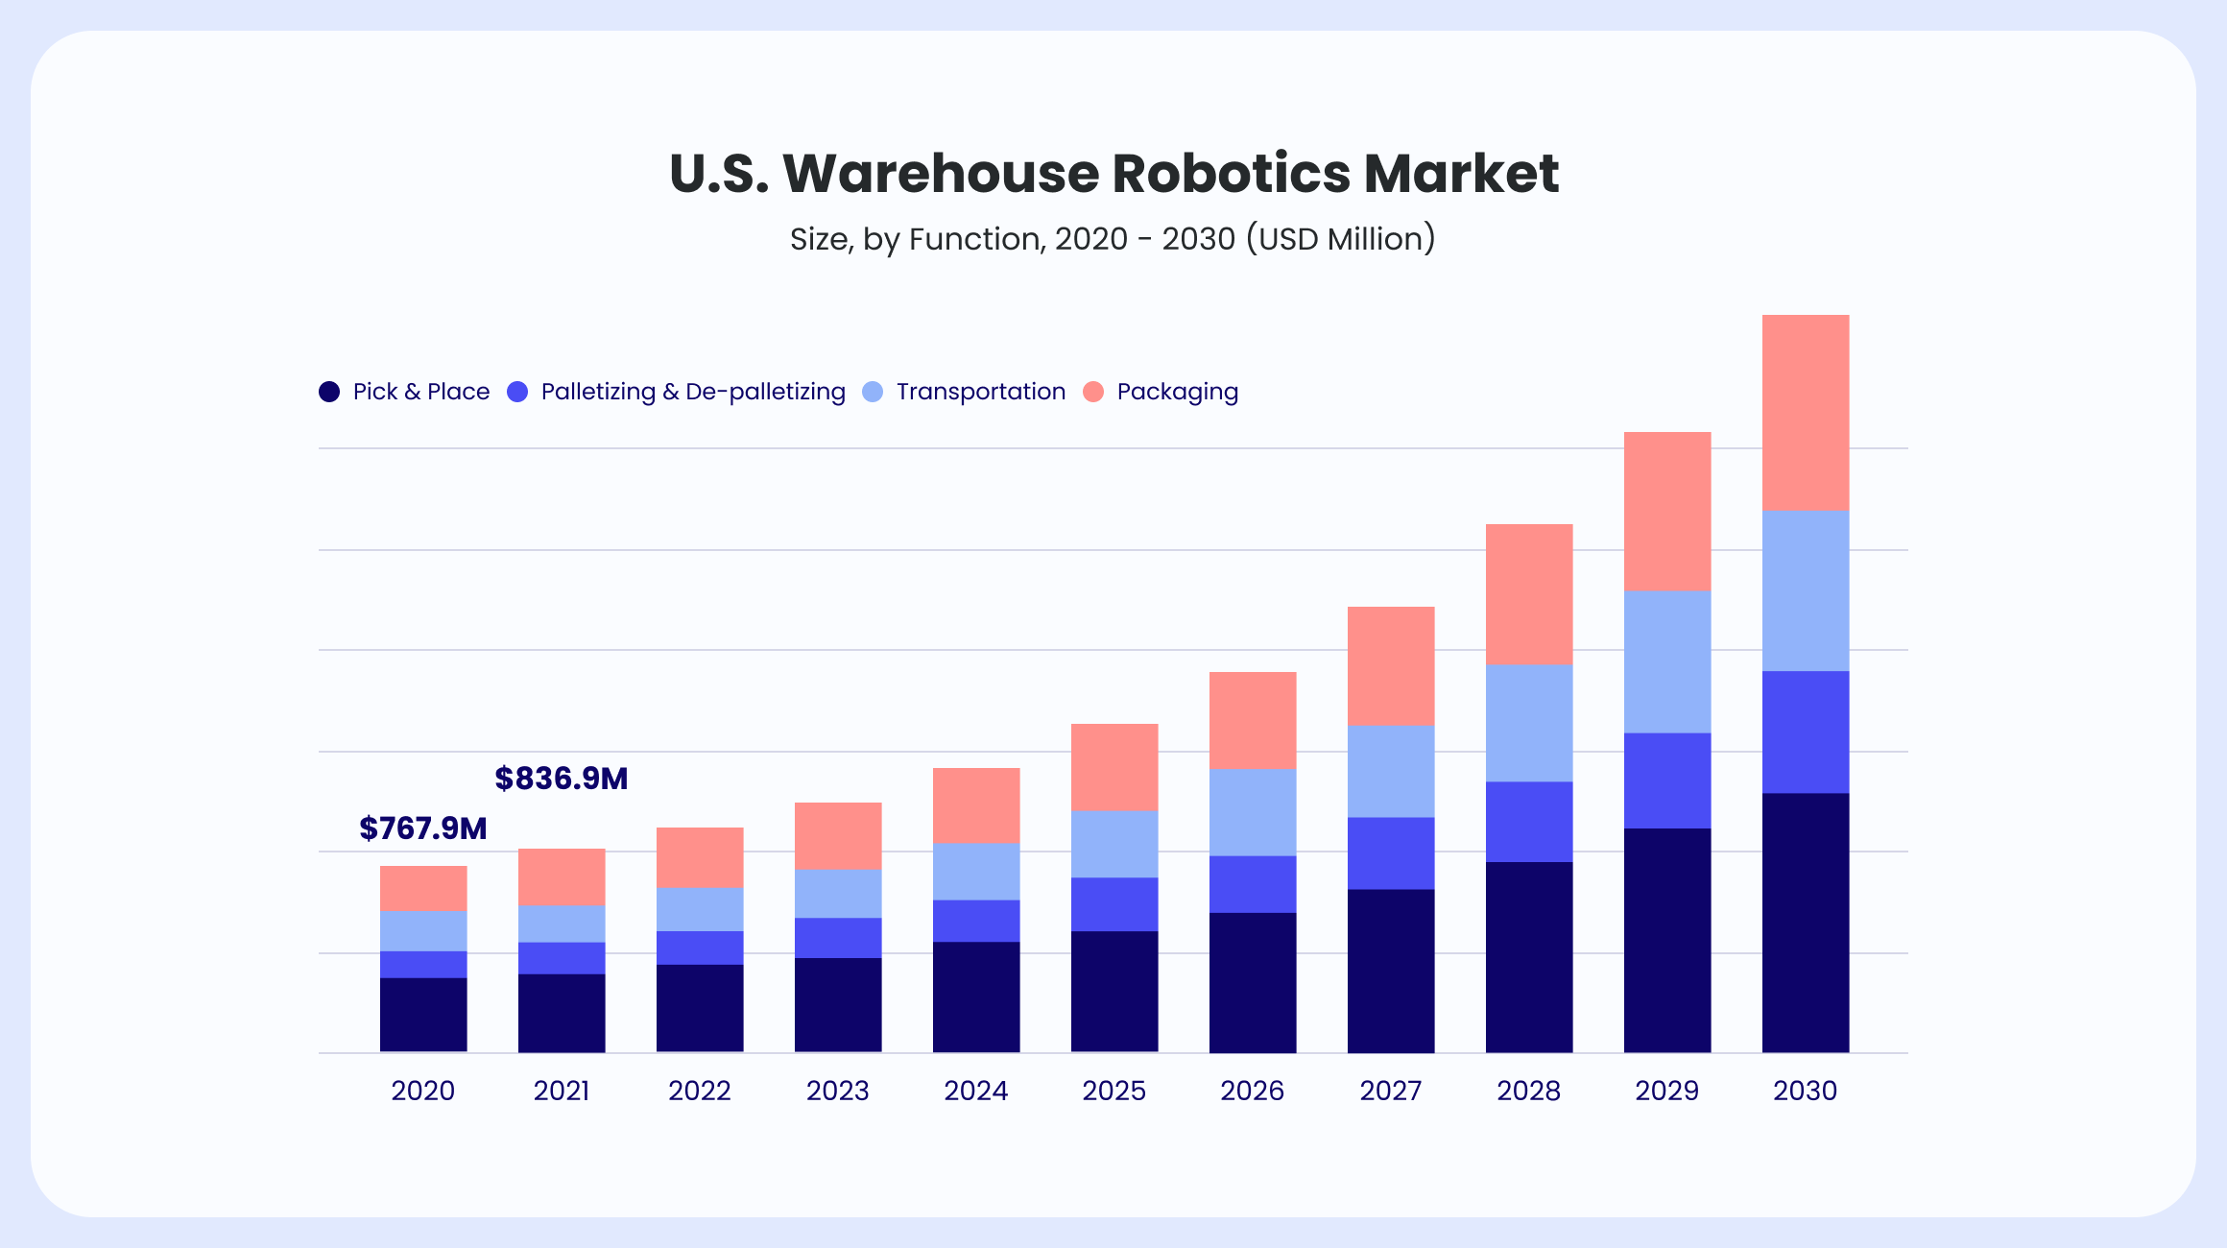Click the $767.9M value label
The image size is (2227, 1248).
click(x=422, y=828)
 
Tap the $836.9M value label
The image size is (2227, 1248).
click(x=562, y=778)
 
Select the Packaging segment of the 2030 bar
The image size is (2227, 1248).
click(x=1805, y=412)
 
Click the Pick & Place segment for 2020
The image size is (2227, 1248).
click(x=423, y=1015)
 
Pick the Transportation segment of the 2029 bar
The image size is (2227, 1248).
click(x=1666, y=661)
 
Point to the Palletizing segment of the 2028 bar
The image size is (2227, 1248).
click(x=1528, y=821)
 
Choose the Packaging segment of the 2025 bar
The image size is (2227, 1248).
click(x=1113, y=767)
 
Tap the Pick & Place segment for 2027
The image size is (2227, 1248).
click(x=1390, y=971)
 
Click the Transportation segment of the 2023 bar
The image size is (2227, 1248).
click(x=837, y=893)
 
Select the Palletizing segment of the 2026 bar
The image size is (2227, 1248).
click(x=1252, y=883)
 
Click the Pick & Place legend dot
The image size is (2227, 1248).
click(x=329, y=392)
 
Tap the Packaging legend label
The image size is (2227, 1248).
click(x=1177, y=392)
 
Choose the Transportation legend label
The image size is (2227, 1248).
click(x=980, y=392)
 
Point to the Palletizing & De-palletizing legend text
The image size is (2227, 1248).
click(x=693, y=392)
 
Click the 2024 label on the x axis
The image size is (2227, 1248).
click(x=975, y=1091)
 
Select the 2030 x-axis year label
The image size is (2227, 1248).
click(x=1805, y=1091)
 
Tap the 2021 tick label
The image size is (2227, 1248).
click(x=562, y=1091)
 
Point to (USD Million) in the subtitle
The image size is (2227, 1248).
click(x=1340, y=239)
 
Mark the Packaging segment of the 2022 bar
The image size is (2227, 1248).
click(x=699, y=857)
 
